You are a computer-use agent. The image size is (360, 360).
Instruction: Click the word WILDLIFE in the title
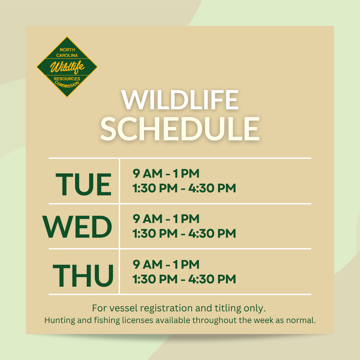[180, 100]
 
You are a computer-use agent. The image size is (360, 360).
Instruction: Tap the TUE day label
[84, 184]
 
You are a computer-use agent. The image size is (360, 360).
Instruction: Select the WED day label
[77, 227]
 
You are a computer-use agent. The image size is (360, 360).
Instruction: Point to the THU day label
[83, 275]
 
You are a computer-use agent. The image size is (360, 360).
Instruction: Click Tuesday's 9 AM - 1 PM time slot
[166, 173]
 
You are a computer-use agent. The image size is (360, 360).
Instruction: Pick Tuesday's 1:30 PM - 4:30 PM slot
[184, 188]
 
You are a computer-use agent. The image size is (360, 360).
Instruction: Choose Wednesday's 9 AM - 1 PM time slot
[166, 219]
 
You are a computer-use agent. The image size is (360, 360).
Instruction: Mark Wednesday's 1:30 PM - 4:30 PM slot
[184, 233]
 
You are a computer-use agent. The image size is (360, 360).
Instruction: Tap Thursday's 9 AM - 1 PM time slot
[166, 264]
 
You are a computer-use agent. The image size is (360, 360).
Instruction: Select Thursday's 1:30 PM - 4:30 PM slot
[184, 279]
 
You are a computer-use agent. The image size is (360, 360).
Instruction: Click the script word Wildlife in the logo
[67, 67]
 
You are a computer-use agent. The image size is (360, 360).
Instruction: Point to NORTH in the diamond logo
[67, 50]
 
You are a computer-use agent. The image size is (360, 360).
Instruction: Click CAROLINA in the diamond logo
[67, 55]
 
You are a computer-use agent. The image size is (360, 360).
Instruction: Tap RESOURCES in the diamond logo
[67, 79]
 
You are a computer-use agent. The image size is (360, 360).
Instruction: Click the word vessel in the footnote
[123, 308]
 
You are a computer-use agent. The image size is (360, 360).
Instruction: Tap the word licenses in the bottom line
[138, 320]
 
